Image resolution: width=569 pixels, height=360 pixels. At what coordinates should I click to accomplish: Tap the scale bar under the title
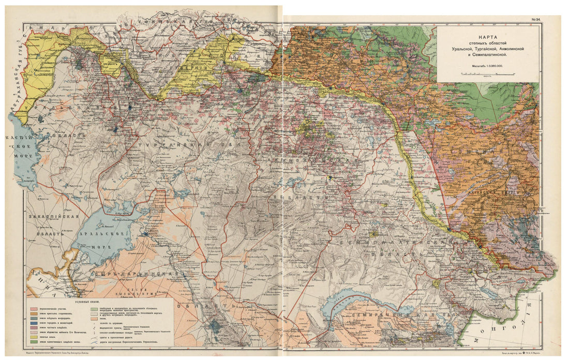(x=488, y=74)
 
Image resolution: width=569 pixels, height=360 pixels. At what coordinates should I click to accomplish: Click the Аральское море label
(x=102, y=238)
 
